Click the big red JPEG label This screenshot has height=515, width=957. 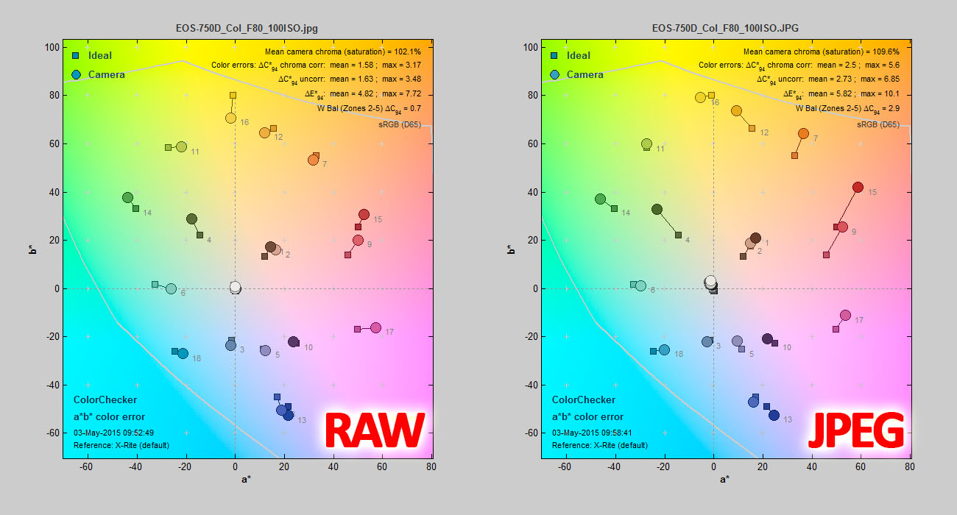tap(855, 430)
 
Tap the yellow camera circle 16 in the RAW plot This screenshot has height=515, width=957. tap(230, 118)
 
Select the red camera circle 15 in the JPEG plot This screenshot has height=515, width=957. tap(858, 188)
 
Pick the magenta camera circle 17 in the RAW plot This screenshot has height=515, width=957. tap(375, 328)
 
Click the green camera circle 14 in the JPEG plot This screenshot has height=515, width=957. tap(600, 199)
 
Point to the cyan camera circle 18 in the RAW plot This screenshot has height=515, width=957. tap(183, 354)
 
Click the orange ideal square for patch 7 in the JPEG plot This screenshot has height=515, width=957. tap(794, 155)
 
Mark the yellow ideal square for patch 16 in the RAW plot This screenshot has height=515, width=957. tap(233, 96)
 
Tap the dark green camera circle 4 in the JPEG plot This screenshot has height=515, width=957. tap(657, 210)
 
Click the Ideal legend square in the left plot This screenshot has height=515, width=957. tap(76, 55)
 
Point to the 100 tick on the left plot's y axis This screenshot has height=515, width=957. tap(52, 47)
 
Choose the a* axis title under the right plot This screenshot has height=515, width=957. tap(724, 479)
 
